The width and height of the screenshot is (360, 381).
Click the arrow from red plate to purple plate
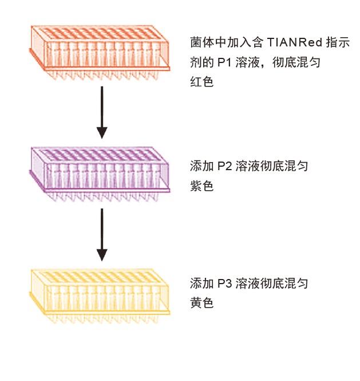click(102, 112)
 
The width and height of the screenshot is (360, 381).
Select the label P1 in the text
click(223, 62)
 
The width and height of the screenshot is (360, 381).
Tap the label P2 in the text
click(223, 167)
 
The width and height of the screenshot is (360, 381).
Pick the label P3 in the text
click(223, 284)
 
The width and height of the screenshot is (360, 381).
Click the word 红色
click(201, 82)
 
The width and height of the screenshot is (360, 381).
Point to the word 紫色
click(201, 186)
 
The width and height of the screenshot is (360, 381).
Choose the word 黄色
click(201, 303)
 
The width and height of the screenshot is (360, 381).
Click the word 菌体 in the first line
click(201, 42)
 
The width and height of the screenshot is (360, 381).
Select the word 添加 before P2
click(201, 167)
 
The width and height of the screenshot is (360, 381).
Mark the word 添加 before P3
click(201, 284)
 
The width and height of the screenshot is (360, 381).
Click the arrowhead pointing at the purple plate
click(102, 132)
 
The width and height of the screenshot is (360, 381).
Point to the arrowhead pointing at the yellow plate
click(102, 254)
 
